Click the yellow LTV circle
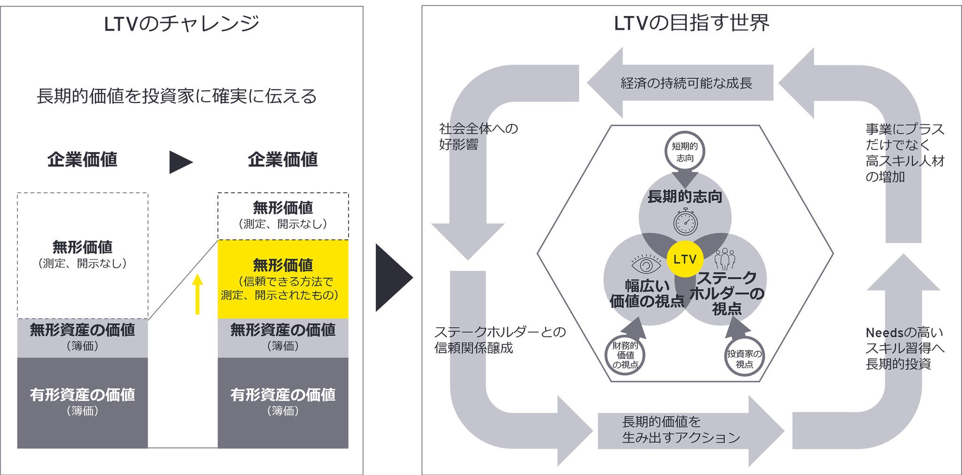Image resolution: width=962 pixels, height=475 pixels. [x=685, y=259]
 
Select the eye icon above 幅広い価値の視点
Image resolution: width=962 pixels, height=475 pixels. [x=646, y=264]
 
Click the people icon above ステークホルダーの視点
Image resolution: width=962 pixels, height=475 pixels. [x=725, y=259]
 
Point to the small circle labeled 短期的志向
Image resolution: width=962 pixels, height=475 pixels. [x=685, y=152]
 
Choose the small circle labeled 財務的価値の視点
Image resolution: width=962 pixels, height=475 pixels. [x=625, y=355]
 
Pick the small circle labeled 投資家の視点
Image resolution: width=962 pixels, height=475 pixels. [x=744, y=359]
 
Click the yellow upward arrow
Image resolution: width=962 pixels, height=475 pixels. [x=198, y=294]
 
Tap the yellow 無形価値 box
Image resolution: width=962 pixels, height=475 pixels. [x=283, y=279]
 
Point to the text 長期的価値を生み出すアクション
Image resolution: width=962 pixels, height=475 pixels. [x=681, y=429]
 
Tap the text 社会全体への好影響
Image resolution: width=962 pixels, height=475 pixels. [x=478, y=136]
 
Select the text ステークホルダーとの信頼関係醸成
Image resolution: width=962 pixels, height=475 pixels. [x=500, y=340]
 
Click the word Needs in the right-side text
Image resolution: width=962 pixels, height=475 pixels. [x=884, y=333]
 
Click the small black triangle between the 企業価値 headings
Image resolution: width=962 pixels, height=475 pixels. [x=180, y=162]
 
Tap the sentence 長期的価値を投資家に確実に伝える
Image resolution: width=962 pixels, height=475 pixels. [x=177, y=96]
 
